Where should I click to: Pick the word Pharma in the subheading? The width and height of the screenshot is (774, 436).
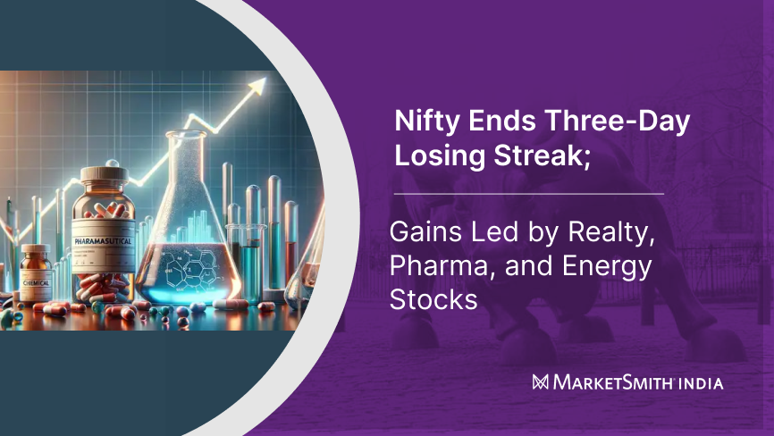436,266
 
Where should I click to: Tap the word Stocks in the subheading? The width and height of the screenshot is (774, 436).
433,299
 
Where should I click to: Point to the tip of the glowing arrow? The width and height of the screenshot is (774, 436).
265,82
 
